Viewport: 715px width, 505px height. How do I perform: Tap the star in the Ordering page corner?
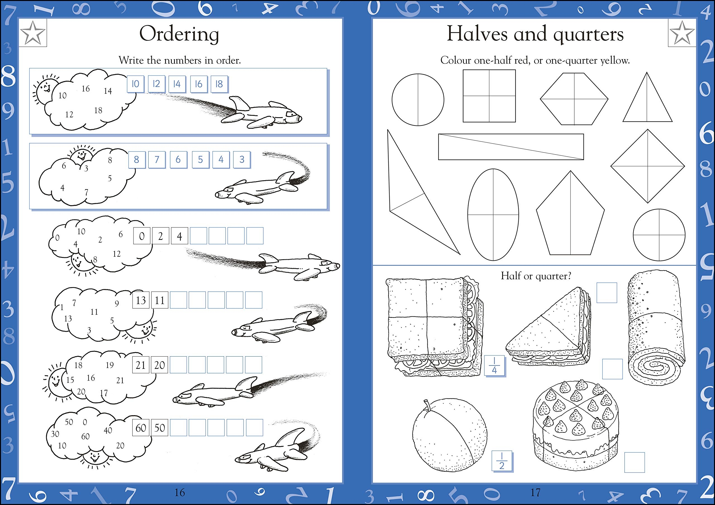tap(33, 33)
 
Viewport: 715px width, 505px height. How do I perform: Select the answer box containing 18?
tap(219, 84)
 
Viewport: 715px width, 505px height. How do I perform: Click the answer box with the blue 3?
tap(242, 160)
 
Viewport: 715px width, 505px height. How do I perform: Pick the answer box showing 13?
tap(141, 300)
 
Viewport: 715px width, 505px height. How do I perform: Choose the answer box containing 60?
tap(141, 427)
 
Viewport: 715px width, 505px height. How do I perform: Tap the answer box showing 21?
tap(141, 365)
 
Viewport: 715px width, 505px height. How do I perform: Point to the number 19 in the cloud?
tap(109, 365)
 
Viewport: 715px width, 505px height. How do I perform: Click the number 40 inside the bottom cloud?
tap(108, 430)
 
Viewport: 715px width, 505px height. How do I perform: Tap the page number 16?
tap(180, 492)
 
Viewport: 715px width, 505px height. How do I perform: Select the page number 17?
tap(535, 492)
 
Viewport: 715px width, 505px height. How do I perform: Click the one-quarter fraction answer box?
tap(494, 365)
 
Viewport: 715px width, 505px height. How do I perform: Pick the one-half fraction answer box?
tap(502, 461)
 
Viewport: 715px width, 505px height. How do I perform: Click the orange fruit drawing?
tap(449, 434)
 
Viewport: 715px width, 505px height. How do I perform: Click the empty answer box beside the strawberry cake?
tap(634, 462)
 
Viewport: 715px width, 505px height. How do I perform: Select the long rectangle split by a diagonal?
tap(511, 147)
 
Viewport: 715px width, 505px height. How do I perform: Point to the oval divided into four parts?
tap(493, 215)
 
